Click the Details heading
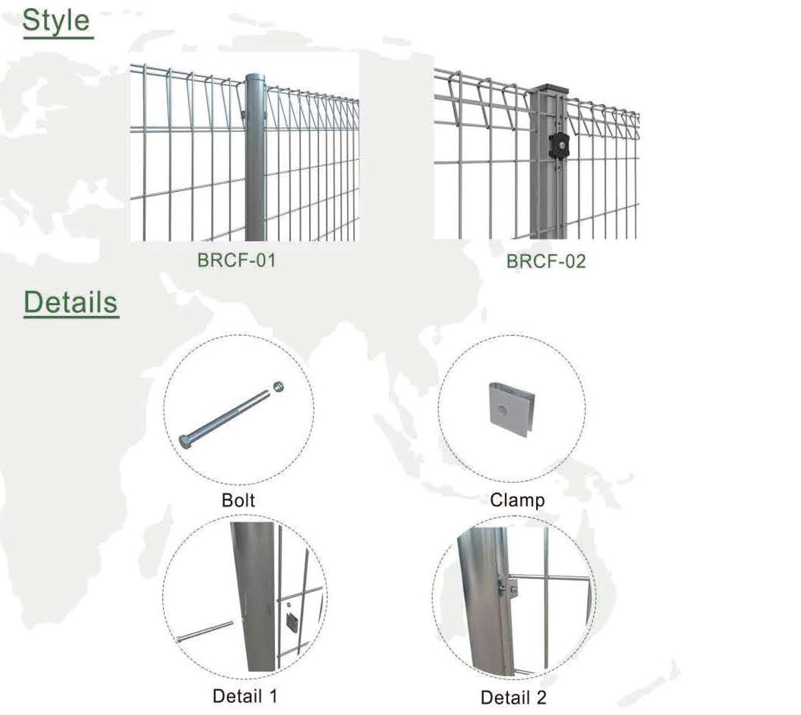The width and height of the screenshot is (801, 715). pos(71,302)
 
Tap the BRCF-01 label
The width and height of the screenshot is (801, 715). pos(236,260)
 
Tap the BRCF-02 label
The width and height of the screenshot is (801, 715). pos(546,262)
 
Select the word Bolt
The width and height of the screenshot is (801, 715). pos(238,500)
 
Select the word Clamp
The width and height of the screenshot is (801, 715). pos(517,501)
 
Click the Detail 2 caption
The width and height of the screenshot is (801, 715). pos(513,698)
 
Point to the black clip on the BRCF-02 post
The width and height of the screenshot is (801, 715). pos(560,145)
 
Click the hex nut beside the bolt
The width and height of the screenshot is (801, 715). pos(278,387)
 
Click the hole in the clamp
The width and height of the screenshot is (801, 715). pos(502,410)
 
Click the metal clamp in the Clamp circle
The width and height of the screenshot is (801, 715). pos(511,409)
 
